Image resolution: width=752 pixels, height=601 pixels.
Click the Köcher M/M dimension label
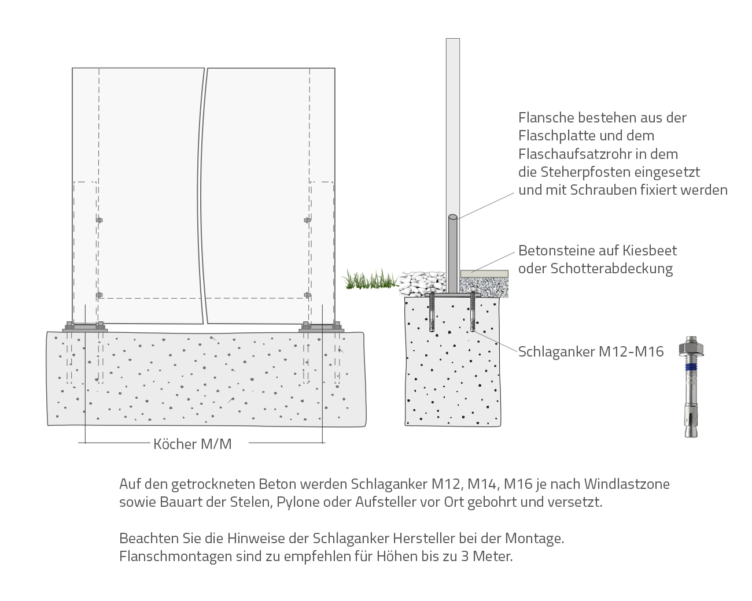pyautogui.click(x=192, y=444)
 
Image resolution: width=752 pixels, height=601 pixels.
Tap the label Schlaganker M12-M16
pyautogui.click(x=591, y=351)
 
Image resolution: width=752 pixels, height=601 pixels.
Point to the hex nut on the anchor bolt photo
pyautogui.click(x=691, y=348)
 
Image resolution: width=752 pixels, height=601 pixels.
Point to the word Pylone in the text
pyautogui.click(x=298, y=502)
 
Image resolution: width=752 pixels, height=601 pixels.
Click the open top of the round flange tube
pyautogui.click(x=453, y=217)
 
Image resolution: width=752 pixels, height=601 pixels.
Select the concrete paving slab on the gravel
pyautogui.click(x=484, y=273)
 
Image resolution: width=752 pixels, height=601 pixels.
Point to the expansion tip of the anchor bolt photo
pyautogui.click(x=691, y=428)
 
